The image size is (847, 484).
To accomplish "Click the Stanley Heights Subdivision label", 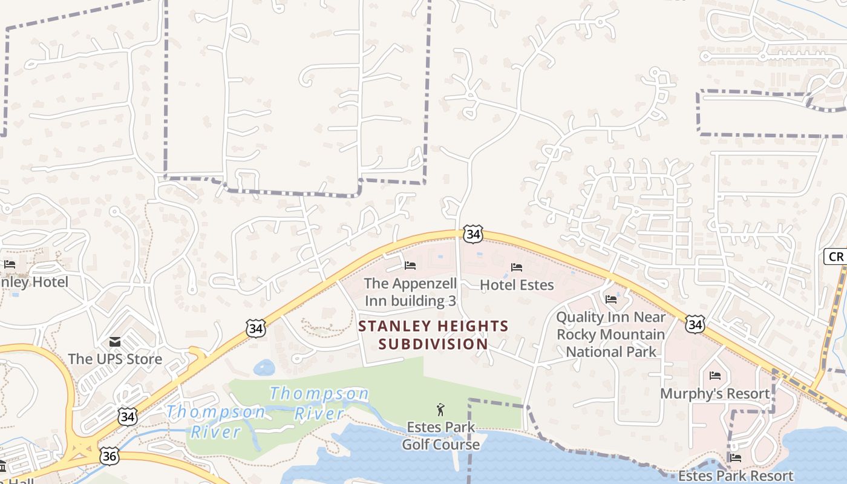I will (x=433, y=335).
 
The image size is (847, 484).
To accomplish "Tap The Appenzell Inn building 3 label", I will (x=410, y=292).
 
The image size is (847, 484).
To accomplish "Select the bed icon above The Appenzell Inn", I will (x=410, y=266).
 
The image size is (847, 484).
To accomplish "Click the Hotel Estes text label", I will (x=517, y=284).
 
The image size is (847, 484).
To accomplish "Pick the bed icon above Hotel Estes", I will (x=517, y=267).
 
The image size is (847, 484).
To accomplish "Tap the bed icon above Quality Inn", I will (x=611, y=299).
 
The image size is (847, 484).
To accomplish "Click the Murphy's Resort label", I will (x=715, y=394).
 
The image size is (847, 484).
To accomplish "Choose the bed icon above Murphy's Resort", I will (x=715, y=376).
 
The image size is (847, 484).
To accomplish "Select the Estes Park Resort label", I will (x=735, y=476).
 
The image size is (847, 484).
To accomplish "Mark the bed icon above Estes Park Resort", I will (x=736, y=458).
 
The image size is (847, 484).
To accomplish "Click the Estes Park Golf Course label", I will (x=441, y=436).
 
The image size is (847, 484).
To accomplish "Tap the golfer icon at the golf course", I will (x=440, y=410).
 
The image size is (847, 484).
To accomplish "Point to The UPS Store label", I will (x=115, y=359).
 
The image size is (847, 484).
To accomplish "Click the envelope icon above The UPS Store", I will (x=115, y=342).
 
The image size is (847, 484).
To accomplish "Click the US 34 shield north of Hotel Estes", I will (x=474, y=234).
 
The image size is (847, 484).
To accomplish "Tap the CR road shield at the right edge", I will (x=835, y=257).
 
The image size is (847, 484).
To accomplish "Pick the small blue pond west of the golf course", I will (x=264, y=367).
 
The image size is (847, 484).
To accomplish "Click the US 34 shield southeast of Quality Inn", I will (x=695, y=324).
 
